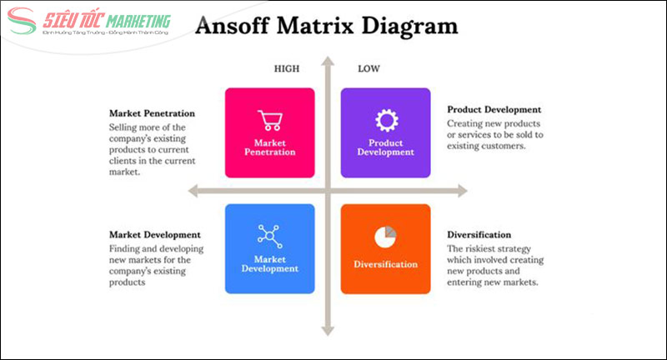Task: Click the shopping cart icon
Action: point(269,121)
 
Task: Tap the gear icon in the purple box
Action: point(385,121)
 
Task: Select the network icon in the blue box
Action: point(269,235)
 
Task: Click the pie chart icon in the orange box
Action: point(385,237)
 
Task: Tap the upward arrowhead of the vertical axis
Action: point(328,62)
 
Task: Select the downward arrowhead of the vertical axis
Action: point(328,332)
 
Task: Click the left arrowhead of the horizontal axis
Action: point(193,191)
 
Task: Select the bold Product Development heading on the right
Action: point(494,109)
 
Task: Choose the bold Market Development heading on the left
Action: point(154,234)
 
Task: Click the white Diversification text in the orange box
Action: point(385,264)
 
